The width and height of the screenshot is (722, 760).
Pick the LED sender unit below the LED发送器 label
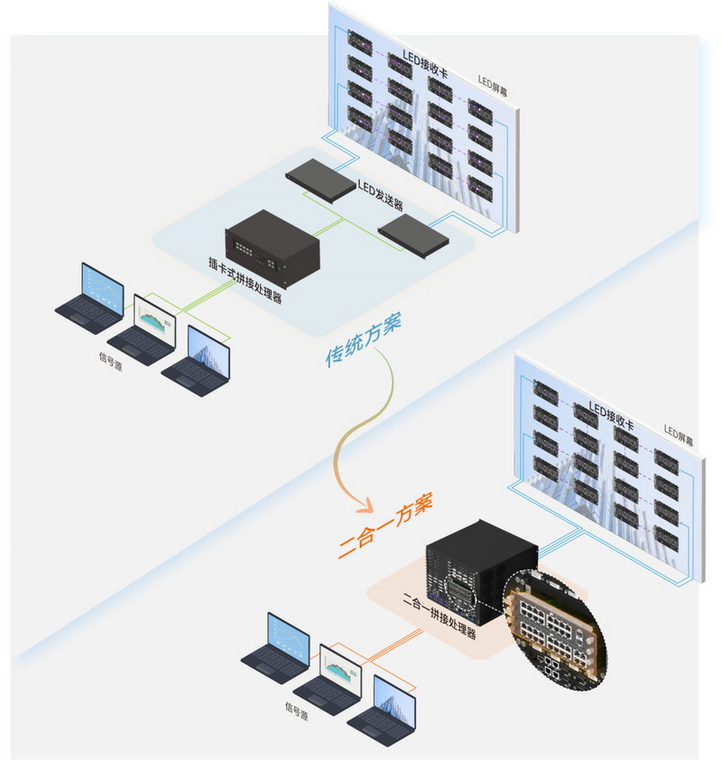tap(413, 235)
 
